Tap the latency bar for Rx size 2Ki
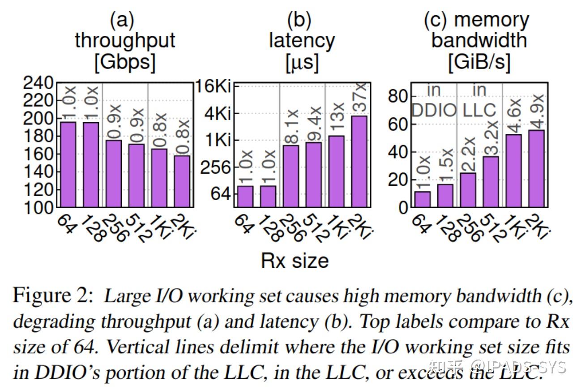point(359,162)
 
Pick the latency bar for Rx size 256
point(290,176)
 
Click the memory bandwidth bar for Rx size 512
point(491,182)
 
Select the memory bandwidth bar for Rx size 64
point(422,199)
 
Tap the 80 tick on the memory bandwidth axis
point(398,97)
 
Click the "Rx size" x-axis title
point(295,261)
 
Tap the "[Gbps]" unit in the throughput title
point(124,62)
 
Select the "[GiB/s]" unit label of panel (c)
point(479,62)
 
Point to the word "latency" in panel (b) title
point(302,41)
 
